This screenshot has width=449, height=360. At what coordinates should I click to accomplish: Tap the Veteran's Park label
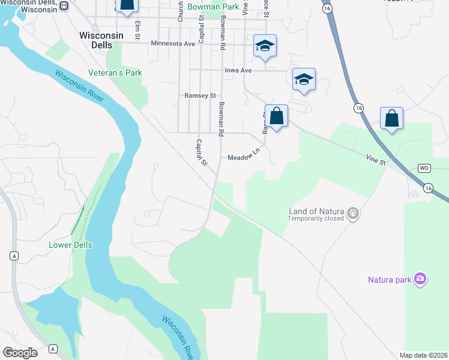point(115,73)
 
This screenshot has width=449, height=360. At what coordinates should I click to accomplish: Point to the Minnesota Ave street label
point(173,44)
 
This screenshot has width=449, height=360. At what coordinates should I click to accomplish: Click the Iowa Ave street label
point(238,70)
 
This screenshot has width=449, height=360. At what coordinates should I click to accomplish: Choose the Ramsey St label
point(200,95)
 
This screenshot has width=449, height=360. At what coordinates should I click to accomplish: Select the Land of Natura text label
point(316,211)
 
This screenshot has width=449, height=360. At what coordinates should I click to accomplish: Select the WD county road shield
point(424,168)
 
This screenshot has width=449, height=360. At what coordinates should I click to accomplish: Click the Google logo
point(20,352)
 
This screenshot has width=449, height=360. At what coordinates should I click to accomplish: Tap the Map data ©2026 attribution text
point(423,355)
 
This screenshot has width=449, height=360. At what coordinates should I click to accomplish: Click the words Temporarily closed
point(316,219)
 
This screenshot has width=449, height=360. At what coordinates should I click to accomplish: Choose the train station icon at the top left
point(64,5)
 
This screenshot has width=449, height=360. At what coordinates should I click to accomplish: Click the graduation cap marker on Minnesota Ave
point(265,46)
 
